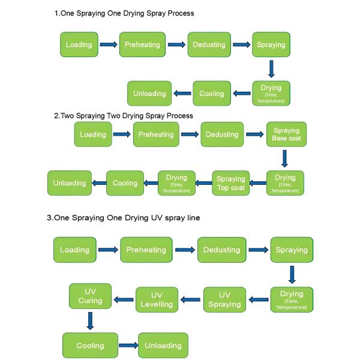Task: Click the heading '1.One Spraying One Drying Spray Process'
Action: [124, 13]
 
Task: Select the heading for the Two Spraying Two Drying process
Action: [123, 115]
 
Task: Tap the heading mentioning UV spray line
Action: [123, 218]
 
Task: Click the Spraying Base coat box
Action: [286, 134]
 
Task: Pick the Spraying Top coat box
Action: [230, 183]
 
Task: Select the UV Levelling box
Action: [157, 299]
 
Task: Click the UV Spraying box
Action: [224, 299]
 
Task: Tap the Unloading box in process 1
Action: [149, 94]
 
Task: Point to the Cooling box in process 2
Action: [125, 183]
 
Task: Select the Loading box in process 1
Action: [79, 44]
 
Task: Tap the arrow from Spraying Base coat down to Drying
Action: [284, 158]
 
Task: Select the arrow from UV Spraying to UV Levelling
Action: [191, 299]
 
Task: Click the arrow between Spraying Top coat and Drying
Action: [257, 183]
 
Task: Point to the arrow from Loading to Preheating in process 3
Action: [108, 250]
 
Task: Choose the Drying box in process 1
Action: [271, 93]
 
